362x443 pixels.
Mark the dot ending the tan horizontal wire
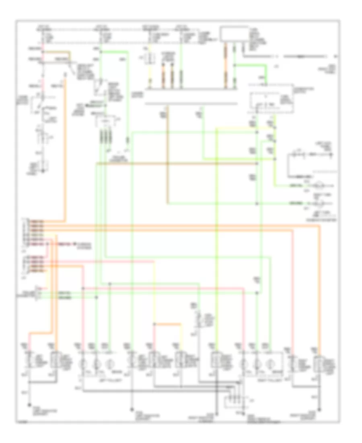257,164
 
